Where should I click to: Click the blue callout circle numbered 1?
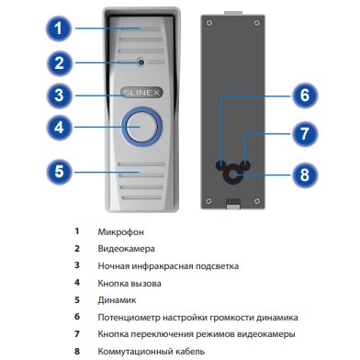(59, 28)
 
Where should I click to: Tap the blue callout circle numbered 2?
(59, 63)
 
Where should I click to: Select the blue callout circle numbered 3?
(59, 96)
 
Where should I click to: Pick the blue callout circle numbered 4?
(59, 127)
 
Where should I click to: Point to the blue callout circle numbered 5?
(59, 172)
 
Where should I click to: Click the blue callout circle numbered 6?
(305, 96)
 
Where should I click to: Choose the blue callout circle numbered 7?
(305, 134)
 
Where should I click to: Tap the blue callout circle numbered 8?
(305, 174)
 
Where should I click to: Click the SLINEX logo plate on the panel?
(141, 93)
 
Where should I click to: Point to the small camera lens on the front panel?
(141, 62)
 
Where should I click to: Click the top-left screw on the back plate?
(209, 23)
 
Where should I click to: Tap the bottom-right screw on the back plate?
(257, 201)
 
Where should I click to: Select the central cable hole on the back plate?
(232, 174)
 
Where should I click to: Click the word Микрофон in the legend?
(120, 232)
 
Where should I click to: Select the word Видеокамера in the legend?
(126, 249)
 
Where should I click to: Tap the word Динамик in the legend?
(117, 300)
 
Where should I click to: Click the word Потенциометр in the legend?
(129, 318)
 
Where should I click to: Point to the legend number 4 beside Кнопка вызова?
(77, 283)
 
